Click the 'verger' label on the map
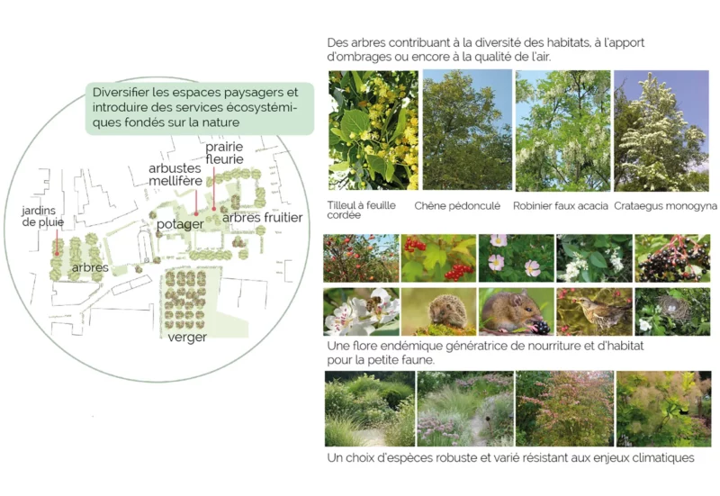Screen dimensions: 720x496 pos(187,338)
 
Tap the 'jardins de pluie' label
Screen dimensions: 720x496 pos(42,216)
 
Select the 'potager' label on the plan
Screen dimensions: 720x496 pos(180,224)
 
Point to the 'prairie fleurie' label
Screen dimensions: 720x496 pos(224,153)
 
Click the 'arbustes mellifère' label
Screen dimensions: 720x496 pos(175,175)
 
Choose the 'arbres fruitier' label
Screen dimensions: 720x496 pos(262,218)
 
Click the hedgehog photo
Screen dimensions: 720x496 pos(438,311)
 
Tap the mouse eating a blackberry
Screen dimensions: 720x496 pos(516,311)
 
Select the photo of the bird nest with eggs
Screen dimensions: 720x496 pos(672,311)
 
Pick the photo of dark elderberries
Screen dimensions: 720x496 pos(672,258)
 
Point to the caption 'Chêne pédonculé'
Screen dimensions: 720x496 pos(457,206)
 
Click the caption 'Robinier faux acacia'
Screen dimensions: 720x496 pos(560,206)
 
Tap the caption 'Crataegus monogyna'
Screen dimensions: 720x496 pos(665,206)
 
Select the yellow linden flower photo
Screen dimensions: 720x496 pos(373,130)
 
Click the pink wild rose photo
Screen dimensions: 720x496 pos(516,258)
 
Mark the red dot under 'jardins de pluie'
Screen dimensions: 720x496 pos(57,253)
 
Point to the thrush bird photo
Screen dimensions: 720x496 pos(594,311)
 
